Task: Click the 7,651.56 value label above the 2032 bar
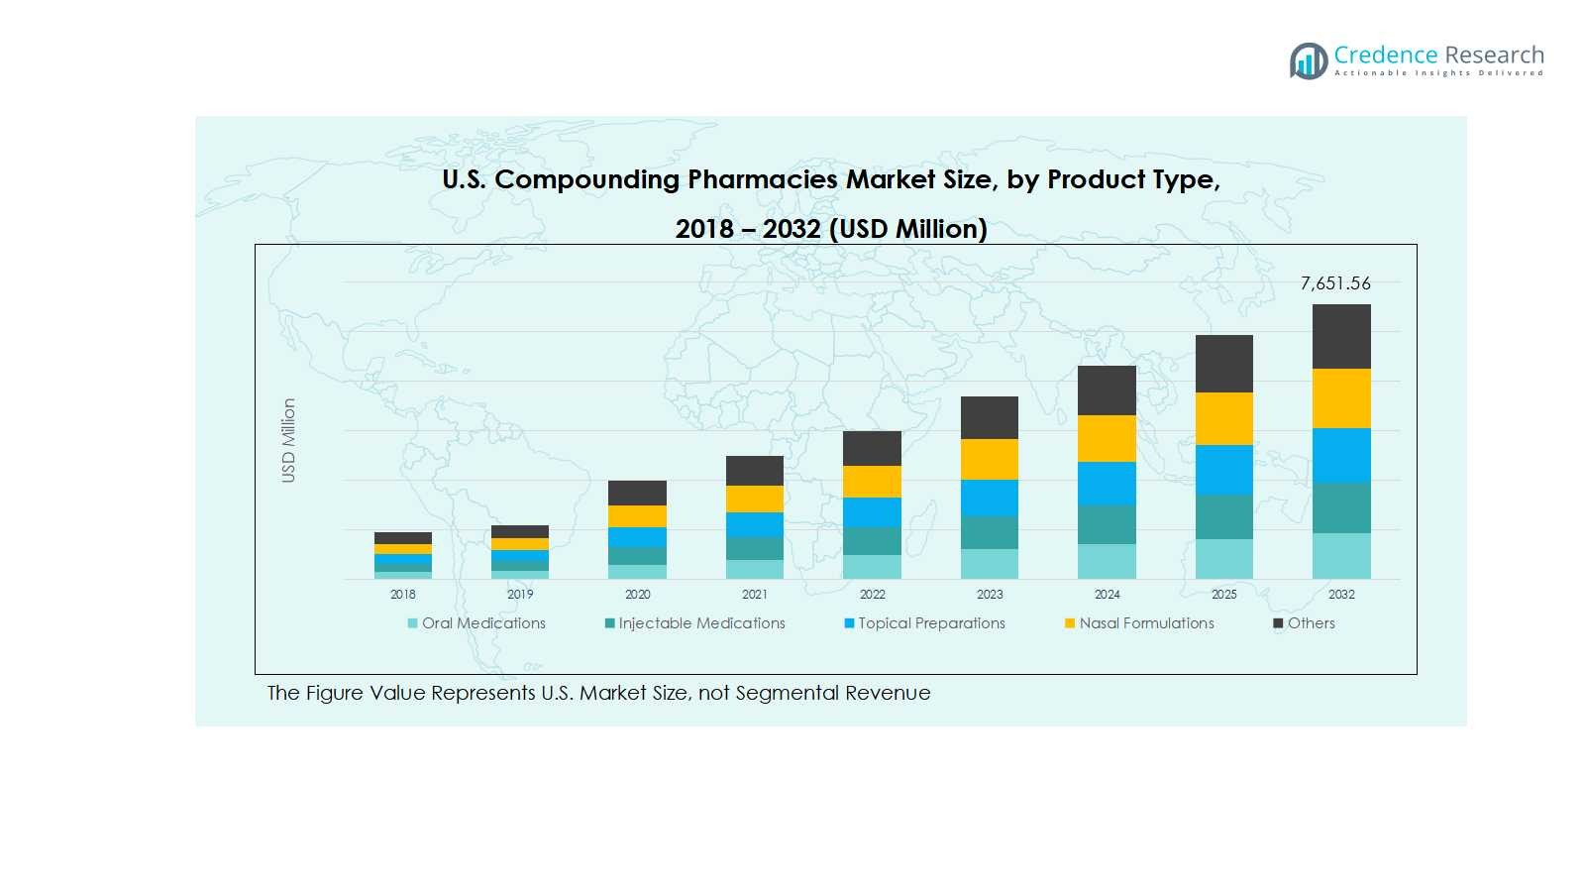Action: [1335, 283]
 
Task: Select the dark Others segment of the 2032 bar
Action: [1341, 336]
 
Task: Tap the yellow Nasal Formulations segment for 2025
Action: [1223, 418]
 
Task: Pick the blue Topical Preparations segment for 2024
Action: [1107, 484]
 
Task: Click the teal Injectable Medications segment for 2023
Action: [989, 532]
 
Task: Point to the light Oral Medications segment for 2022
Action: [872, 567]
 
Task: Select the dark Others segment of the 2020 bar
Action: [637, 493]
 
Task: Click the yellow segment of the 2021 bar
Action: [754, 499]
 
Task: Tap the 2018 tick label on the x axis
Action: [403, 595]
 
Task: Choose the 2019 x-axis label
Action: [520, 595]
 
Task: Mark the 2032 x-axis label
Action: [1341, 595]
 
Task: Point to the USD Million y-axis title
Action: [288, 441]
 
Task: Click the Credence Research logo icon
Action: [1309, 60]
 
